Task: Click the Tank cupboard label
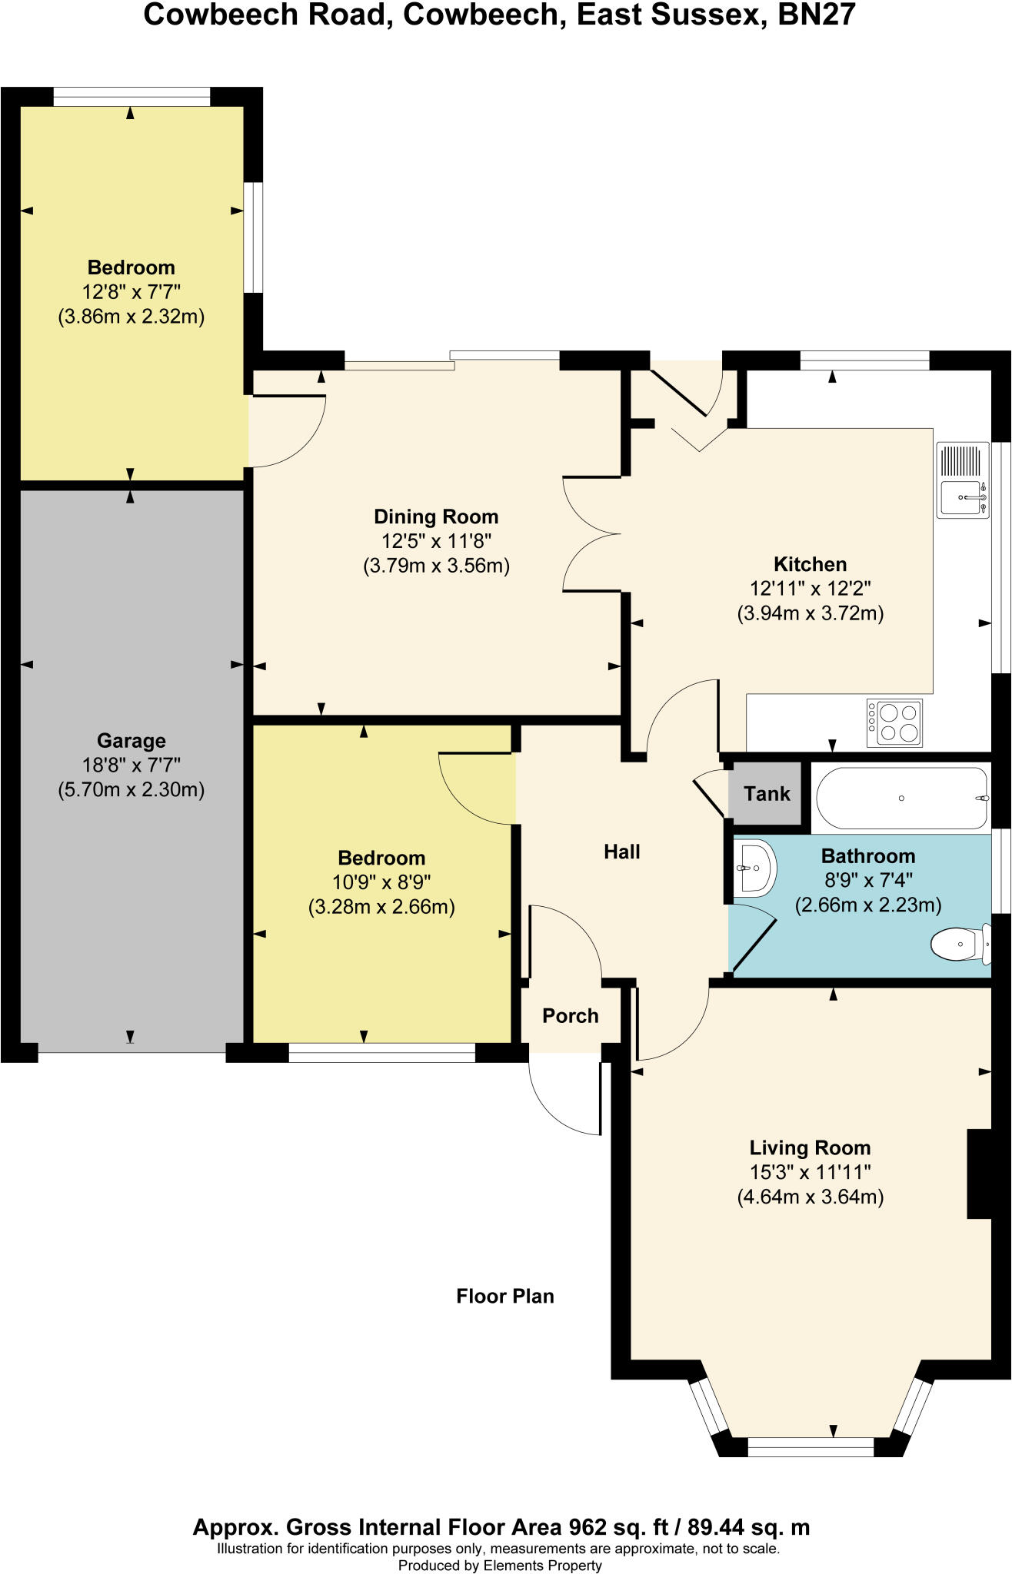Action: [767, 793]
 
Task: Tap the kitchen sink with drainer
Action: [962, 480]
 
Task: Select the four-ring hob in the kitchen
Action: [894, 722]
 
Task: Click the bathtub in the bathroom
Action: [901, 798]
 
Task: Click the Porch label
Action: [570, 1016]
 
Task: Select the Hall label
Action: [621, 852]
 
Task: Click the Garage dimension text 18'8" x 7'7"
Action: [131, 765]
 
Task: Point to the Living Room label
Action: [810, 1148]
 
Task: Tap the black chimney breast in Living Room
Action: [979, 1174]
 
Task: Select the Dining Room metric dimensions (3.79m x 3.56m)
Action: [436, 566]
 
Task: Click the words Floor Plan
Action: [504, 1297]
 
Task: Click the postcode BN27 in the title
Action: [816, 15]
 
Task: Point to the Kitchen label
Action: [810, 564]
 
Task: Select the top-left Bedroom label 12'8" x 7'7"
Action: [131, 292]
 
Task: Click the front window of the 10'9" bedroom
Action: [381, 1053]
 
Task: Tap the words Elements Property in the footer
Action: [542, 1566]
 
